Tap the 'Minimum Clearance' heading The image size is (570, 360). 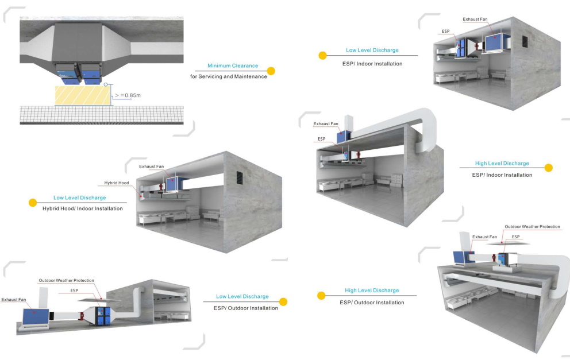coord(233,65)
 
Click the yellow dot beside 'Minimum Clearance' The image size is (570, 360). coord(271,71)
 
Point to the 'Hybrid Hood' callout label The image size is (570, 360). coord(117,183)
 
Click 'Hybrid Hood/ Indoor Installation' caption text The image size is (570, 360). coord(83,208)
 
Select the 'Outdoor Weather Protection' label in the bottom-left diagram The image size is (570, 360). coord(66,280)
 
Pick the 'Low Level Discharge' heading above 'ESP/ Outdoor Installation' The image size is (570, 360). coord(242,296)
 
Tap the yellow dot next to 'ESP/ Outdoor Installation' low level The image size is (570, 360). coord(283,302)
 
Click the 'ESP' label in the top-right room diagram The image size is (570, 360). coord(446,30)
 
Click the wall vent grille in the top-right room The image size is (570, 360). coord(524,42)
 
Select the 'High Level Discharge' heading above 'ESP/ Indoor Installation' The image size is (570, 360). coord(502,163)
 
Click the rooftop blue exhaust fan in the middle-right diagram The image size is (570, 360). coord(344,137)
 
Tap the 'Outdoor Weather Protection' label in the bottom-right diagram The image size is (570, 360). coord(532,227)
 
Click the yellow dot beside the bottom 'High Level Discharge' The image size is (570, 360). coord(322,296)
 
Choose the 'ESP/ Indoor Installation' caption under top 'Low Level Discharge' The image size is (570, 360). coord(372,64)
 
